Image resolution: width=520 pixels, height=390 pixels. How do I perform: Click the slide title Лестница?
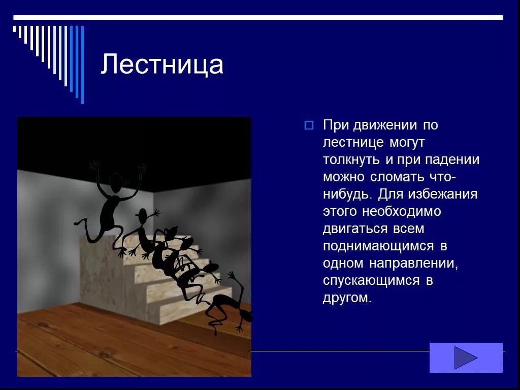[x=161, y=65]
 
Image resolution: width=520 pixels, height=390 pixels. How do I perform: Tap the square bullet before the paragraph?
[x=309, y=125]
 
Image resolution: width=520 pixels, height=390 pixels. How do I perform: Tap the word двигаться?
[x=354, y=229]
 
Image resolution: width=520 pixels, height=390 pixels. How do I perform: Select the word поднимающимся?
[x=378, y=246]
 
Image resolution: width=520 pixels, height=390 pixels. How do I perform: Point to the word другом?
[x=347, y=298]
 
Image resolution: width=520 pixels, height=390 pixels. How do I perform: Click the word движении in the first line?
[x=386, y=125]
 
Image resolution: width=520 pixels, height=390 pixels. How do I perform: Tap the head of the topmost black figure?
[x=116, y=183]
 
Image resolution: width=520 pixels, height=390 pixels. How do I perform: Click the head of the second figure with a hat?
[x=143, y=215]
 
